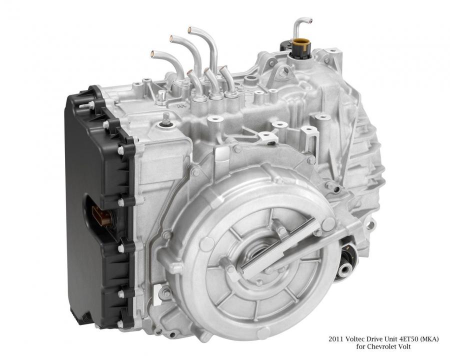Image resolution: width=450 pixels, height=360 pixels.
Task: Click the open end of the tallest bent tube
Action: (189, 29)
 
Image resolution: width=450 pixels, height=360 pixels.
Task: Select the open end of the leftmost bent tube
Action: (153, 53)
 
